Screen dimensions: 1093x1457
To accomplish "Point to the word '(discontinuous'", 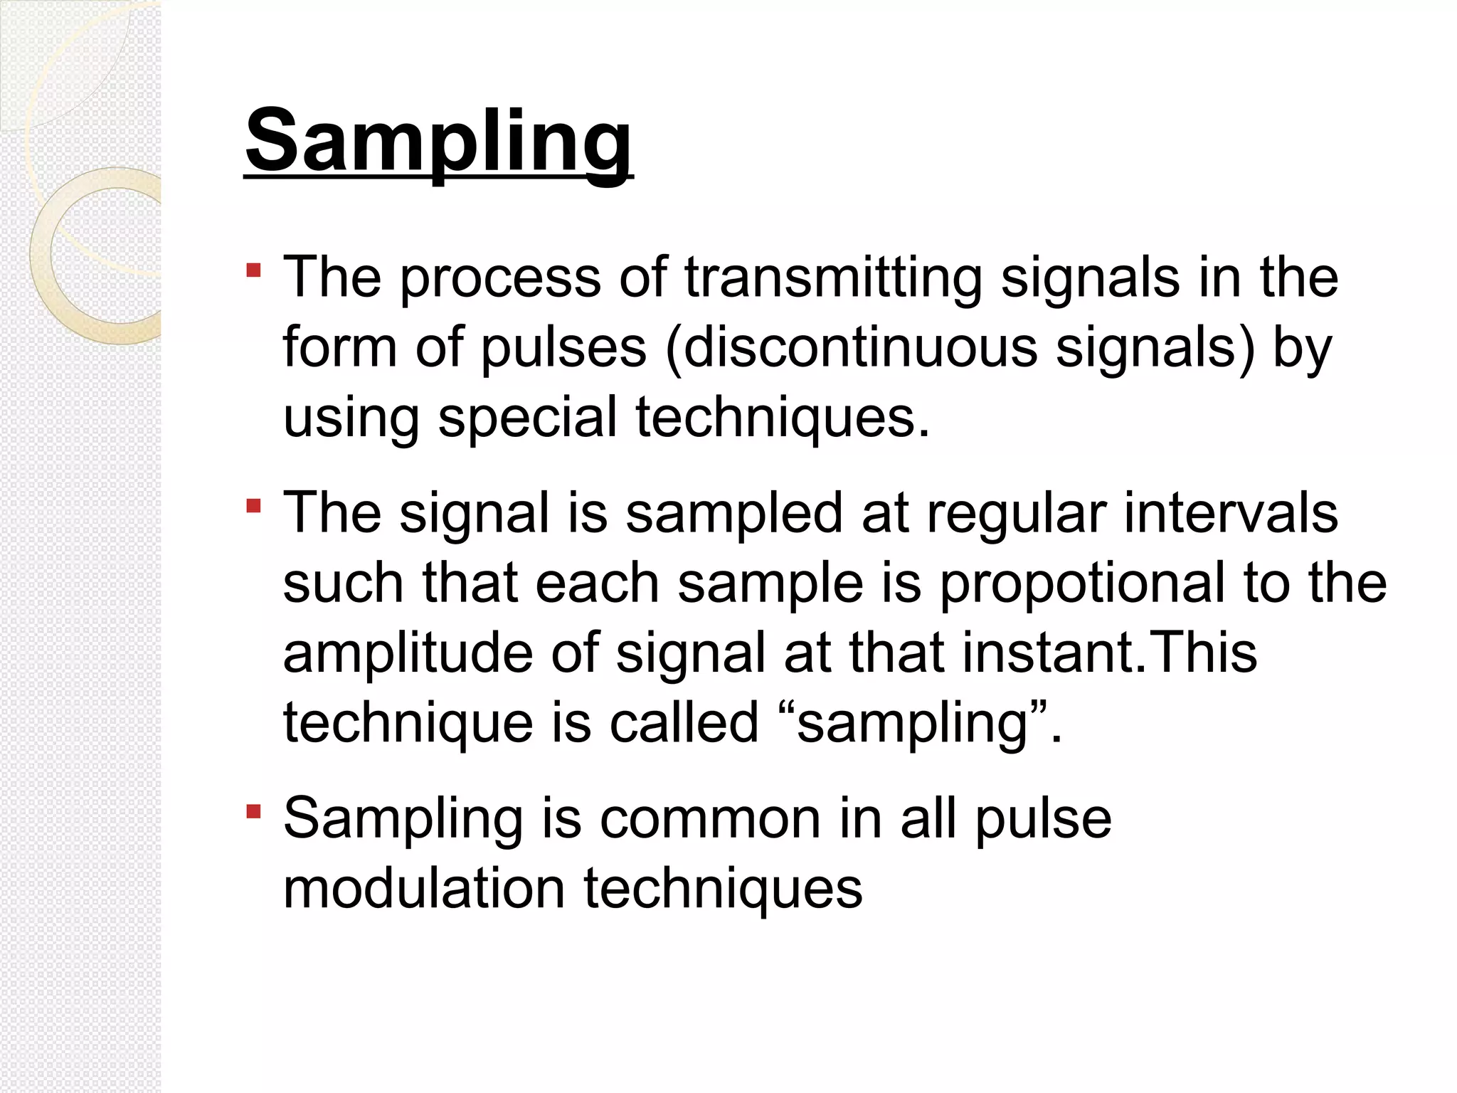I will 851,348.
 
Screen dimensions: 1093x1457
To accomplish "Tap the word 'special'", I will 527,418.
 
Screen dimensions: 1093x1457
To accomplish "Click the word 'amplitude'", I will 408,653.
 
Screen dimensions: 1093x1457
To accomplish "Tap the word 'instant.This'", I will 1110,653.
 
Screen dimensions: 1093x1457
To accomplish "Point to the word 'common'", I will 710,818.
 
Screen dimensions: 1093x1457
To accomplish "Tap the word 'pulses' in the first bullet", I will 564,349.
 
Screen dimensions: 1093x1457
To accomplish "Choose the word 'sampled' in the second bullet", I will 734,514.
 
